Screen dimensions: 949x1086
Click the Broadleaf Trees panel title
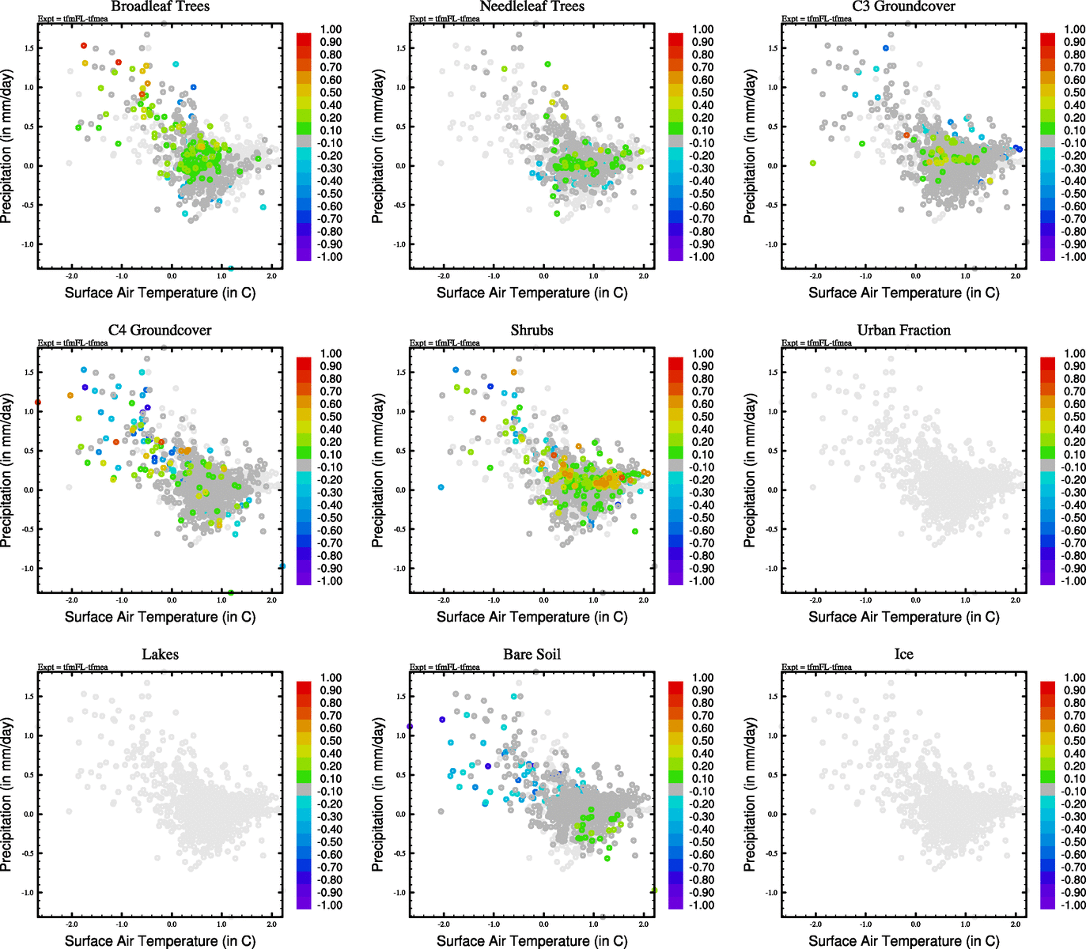[160, 6]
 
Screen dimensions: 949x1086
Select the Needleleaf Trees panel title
[532, 6]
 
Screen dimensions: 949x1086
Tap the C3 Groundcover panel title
[903, 6]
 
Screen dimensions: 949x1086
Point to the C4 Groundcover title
[160, 331]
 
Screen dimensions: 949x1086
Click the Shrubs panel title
[532, 331]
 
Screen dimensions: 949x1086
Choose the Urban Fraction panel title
[903, 331]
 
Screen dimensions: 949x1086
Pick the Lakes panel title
[160, 655]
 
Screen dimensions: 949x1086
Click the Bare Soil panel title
[532, 655]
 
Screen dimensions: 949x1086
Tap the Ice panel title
[903, 655]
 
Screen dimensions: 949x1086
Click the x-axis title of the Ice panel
[903, 941]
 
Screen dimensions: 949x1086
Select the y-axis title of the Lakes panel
[7, 795]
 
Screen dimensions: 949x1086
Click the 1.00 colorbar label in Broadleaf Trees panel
[331, 29]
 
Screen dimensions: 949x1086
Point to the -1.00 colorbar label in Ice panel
[1073, 906]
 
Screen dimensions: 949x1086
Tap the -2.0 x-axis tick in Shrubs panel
[444, 600]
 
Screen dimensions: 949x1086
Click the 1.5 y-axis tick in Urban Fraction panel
[773, 372]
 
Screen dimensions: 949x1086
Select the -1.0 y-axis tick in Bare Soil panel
[400, 893]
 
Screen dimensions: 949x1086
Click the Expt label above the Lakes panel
[73, 667]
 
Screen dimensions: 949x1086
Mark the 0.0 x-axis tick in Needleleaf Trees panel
[543, 276]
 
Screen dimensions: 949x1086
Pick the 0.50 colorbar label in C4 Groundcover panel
[331, 417]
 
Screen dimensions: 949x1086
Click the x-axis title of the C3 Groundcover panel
[903, 293]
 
